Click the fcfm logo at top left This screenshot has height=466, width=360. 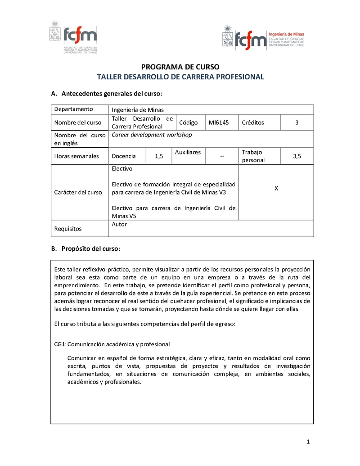click(x=73, y=36)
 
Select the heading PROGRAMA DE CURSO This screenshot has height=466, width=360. click(x=180, y=67)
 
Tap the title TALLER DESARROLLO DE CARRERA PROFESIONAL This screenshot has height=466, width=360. click(x=180, y=77)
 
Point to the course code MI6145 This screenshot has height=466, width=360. click(x=219, y=122)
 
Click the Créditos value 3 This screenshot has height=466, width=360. click(x=297, y=122)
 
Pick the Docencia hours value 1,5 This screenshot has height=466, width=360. click(x=159, y=156)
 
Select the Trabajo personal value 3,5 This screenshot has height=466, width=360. click(x=297, y=156)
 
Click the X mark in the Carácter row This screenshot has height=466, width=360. click(x=276, y=188)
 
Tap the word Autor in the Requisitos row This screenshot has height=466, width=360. click(x=119, y=224)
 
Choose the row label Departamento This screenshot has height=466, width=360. click(x=74, y=109)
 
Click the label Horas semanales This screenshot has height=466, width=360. click(x=76, y=156)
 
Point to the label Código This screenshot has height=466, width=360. click(x=188, y=122)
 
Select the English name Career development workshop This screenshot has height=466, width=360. click(x=152, y=135)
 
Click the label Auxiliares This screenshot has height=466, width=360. click(x=188, y=152)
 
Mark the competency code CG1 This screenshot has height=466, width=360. click(x=60, y=344)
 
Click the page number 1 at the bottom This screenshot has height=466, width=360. click(x=308, y=442)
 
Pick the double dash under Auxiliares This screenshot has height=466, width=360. click(x=222, y=157)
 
